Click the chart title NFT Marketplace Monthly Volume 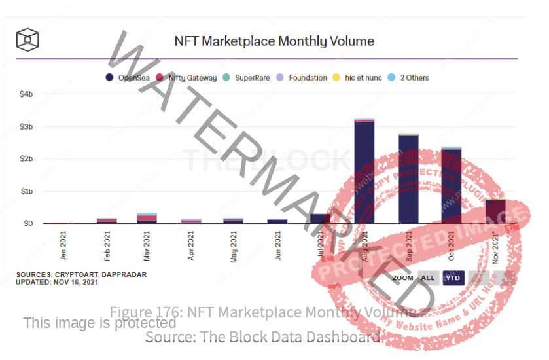(x=274, y=41)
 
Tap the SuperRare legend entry (x=251, y=78)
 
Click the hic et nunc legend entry (x=359, y=78)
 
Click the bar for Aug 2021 (x=364, y=172)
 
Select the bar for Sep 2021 (x=408, y=179)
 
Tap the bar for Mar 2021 (x=147, y=219)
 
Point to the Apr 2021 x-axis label (x=190, y=245)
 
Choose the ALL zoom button (x=428, y=278)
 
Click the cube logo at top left (x=28, y=39)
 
